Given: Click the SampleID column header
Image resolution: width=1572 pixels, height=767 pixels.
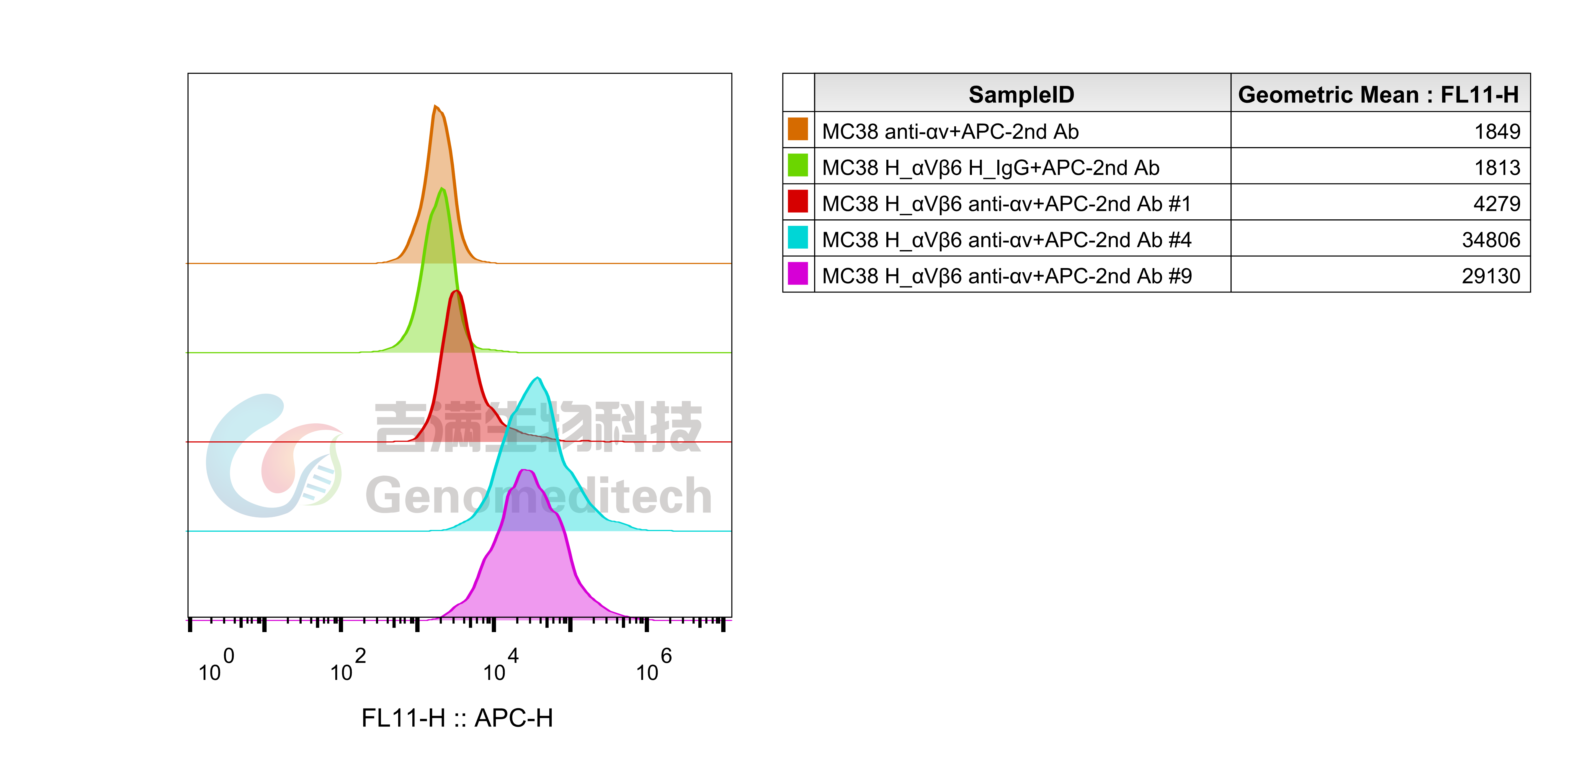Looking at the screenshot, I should coord(1022,94).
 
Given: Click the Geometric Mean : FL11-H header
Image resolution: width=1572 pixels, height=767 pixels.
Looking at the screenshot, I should coord(1378,94).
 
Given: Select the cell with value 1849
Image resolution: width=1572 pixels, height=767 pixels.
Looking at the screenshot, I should coord(1497,131).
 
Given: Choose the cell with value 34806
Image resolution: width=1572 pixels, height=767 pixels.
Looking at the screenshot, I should coord(1491,240).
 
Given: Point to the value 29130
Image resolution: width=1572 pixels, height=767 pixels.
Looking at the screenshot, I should coord(1491,276).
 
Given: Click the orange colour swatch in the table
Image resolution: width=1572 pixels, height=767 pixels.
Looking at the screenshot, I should coord(798,129).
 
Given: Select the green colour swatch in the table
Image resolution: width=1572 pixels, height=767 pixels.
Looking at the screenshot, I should coord(798,165).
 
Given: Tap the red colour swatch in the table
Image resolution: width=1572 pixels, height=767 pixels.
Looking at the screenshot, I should coord(798,201).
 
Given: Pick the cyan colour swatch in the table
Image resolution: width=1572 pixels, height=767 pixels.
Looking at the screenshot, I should coord(798,237).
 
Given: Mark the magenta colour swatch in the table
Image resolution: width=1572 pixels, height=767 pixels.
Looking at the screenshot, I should coord(798,273).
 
